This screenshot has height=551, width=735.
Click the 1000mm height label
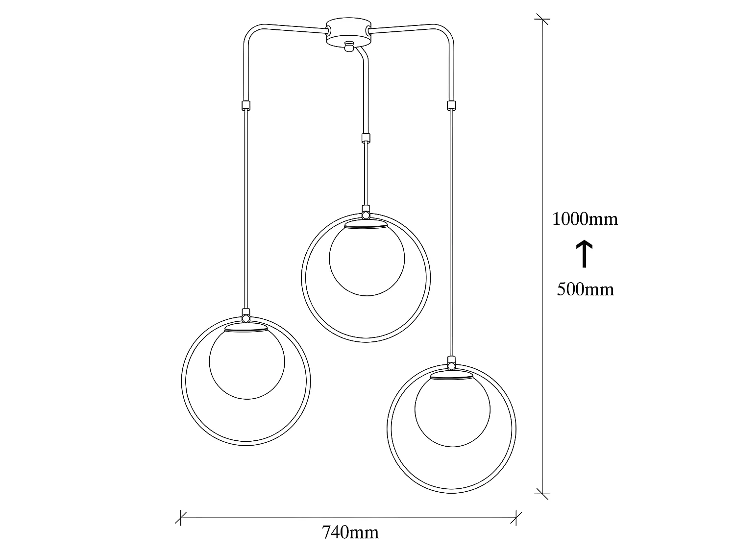click(585, 218)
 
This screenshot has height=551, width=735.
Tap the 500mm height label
click(585, 289)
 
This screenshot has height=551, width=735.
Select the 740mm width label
click(350, 532)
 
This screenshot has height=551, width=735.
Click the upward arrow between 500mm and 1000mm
click(584, 254)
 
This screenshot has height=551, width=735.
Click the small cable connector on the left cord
click(245, 105)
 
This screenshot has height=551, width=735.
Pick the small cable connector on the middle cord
click(365, 138)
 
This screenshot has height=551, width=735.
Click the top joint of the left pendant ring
click(246, 316)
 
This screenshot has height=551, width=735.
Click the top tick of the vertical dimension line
click(542, 19)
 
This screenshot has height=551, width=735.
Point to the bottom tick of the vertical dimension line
click(542, 494)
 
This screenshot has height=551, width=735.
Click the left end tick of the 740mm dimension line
click(181, 517)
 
